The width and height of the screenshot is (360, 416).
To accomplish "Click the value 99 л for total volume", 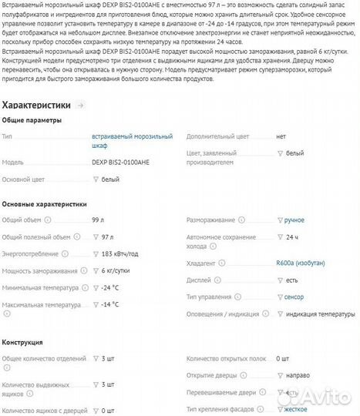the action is click(x=97, y=220).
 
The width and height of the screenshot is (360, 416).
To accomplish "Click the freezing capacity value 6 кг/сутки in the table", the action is click(x=117, y=270).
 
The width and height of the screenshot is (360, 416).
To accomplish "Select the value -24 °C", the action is click(x=110, y=288).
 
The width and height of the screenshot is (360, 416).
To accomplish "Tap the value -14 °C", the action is click(x=110, y=305).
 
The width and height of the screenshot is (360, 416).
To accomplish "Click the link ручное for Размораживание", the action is click(x=294, y=220).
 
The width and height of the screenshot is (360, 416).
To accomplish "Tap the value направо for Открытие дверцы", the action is click(x=300, y=376).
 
